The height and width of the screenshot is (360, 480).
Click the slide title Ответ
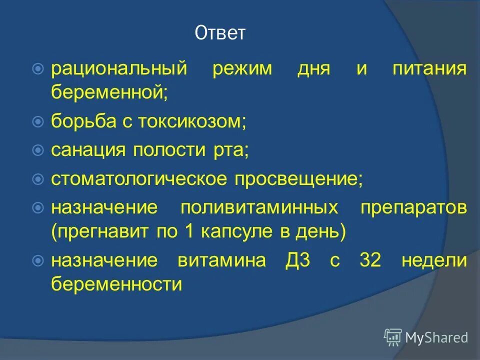tap(220, 33)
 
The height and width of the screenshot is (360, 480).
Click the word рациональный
tap(119, 68)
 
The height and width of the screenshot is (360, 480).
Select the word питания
tap(430, 68)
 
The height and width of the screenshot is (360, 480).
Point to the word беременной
tap(109, 92)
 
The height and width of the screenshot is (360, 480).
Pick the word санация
tap(87, 150)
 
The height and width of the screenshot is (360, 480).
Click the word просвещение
tap(299, 178)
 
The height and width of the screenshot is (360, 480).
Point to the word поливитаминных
tap(258, 207)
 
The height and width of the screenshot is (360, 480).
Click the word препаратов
tap(414, 207)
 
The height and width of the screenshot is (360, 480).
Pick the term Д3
tap(295, 261)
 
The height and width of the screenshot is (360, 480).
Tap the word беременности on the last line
tap(116, 285)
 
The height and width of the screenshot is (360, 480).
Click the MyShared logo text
tap(436, 337)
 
